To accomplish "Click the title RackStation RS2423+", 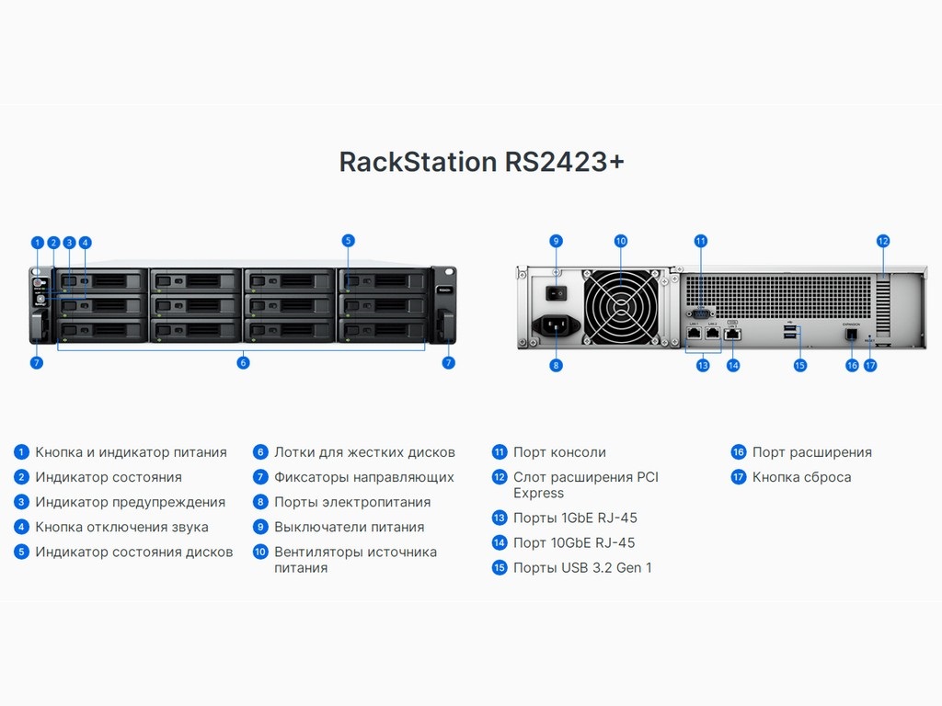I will tap(482, 162).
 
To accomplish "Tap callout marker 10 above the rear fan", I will tap(621, 241).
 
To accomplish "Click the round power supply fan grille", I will tap(621, 306).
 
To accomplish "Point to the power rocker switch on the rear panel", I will tap(556, 291).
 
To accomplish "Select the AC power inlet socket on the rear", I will tap(556, 325).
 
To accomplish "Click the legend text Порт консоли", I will tap(559, 452).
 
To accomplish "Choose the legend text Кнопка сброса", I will tap(801, 477).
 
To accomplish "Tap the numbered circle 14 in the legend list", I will tap(500, 543).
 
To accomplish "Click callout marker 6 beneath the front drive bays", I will tap(243, 363).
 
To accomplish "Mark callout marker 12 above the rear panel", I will tap(883, 241).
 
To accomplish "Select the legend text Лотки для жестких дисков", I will tap(364, 452).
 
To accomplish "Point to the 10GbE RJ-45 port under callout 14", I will tap(733, 334).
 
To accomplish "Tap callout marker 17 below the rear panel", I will tap(870, 365).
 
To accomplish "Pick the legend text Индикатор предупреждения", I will tap(130, 502).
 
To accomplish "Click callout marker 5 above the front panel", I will tap(348, 241).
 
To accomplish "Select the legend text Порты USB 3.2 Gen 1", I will tap(582, 568).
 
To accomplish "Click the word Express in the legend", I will tap(538, 494).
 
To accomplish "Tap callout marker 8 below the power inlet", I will tap(556, 365).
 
